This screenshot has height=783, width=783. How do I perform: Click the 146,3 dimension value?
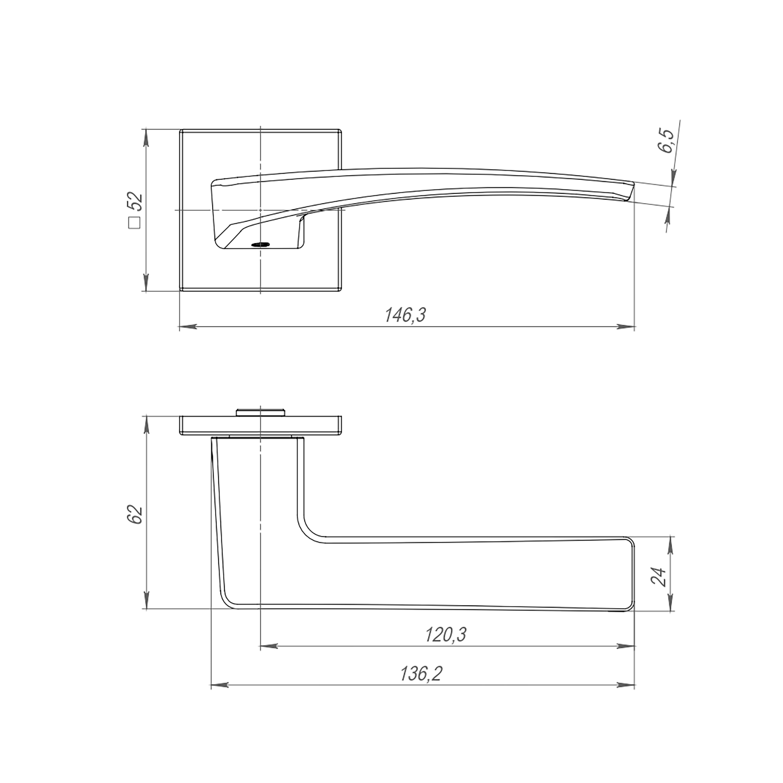tap(405, 315)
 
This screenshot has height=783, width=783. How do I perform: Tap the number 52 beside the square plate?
tap(135, 201)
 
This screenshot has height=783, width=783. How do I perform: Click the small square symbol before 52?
tap(135, 223)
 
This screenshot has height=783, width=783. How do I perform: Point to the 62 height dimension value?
tap(135, 515)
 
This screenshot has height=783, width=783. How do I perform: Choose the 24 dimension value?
tap(658, 577)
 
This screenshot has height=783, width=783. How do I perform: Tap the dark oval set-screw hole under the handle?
tap(261, 244)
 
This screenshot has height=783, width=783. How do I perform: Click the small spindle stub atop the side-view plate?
tap(260, 412)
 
